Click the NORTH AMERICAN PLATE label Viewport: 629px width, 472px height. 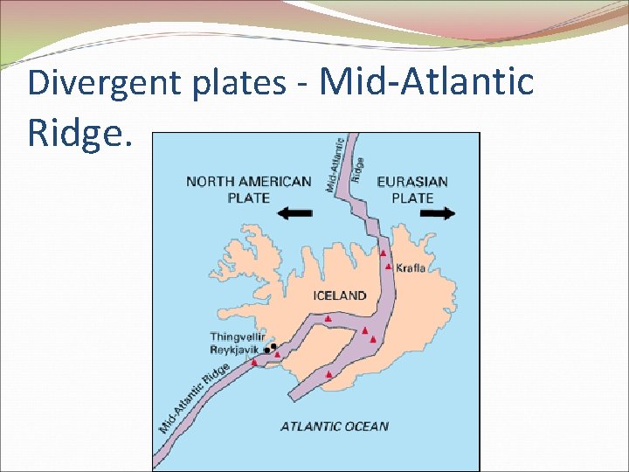[x=249, y=190]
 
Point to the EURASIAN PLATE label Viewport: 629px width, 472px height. [x=411, y=190]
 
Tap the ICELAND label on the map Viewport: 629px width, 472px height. [x=340, y=295]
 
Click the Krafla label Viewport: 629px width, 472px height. [x=411, y=268]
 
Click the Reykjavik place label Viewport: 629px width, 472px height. [x=234, y=350]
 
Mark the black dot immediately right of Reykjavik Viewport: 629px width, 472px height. [x=267, y=351]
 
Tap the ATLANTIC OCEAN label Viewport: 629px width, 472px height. [x=335, y=427]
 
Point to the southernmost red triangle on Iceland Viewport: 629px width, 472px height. [x=328, y=374]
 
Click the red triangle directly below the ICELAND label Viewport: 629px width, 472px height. [x=328, y=319]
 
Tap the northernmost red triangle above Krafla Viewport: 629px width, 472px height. [x=384, y=253]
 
